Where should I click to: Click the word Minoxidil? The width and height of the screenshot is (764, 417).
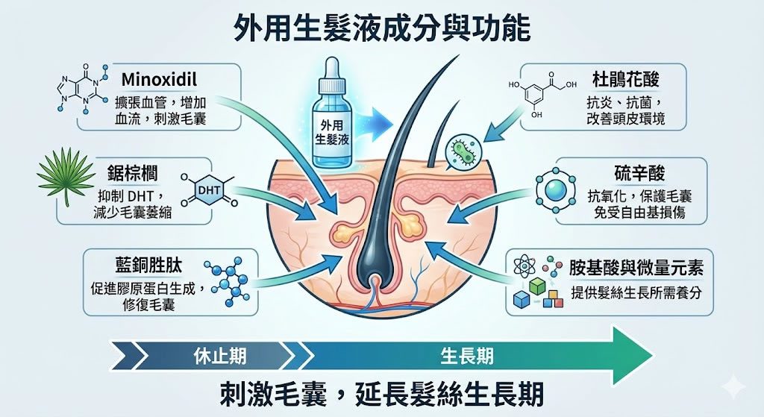[x=159, y=79]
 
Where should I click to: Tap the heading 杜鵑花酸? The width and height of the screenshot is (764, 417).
[x=626, y=79]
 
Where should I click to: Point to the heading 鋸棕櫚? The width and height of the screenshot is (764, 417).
[x=133, y=173]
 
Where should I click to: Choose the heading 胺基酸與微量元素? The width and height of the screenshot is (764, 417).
[x=636, y=268]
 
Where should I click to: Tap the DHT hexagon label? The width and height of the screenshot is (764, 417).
[x=209, y=190]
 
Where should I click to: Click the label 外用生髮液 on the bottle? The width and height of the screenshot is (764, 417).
[x=332, y=132]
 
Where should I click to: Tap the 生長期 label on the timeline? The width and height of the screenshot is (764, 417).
[x=467, y=357]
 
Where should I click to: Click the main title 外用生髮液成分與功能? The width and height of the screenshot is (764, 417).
[x=381, y=29]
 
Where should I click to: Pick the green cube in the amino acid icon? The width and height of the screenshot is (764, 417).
[x=536, y=286]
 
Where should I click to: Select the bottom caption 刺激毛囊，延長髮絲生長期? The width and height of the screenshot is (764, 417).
[x=381, y=393]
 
